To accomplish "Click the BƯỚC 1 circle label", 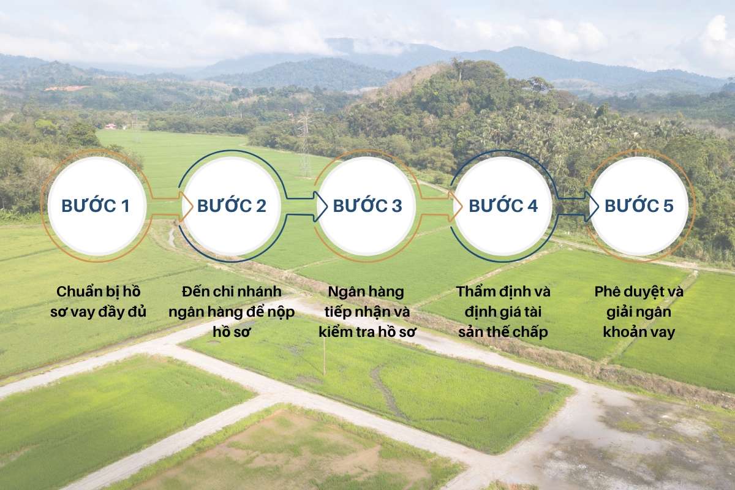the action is pos(96,205).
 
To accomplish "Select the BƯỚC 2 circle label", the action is pos(232,205).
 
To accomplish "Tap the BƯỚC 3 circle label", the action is pos(367,205).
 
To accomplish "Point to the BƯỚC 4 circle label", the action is pos(503,205).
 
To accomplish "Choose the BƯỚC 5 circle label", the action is pos(639,205).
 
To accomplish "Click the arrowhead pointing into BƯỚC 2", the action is pos(186,206).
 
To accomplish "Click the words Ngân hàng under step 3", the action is pos(366,292).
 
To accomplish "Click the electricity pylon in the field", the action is pos(305,143).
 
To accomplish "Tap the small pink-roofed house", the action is pos(111,126).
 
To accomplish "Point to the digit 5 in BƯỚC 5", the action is pos(668,206).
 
